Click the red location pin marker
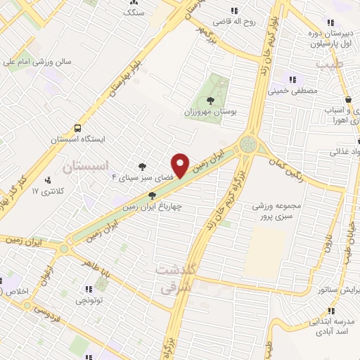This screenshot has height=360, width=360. click(181, 165)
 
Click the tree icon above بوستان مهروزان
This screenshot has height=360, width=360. click(214, 98)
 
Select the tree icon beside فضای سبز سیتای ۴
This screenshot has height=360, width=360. click(143, 167)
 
